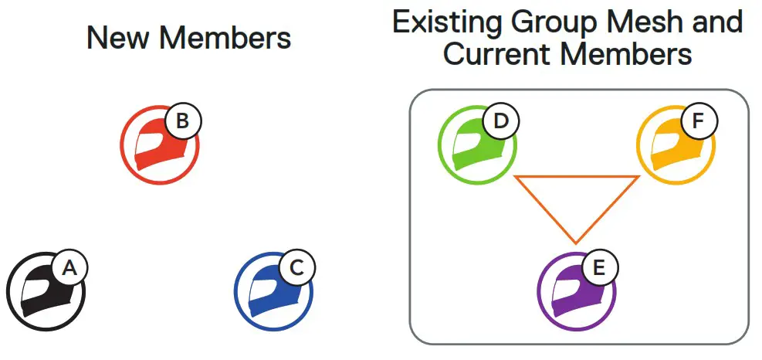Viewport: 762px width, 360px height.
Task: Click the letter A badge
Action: point(69,268)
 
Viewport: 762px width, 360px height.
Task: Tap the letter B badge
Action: point(182,121)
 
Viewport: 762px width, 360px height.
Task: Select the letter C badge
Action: point(296,268)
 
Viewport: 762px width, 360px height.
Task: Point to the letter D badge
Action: point(500,121)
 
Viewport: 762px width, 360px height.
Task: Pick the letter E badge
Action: point(599,268)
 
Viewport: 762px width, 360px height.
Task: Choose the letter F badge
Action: point(698,121)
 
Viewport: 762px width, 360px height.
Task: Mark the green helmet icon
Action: point(474,146)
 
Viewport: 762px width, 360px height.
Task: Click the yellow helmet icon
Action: point(672,146)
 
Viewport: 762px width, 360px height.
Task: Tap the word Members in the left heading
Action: point(223,38)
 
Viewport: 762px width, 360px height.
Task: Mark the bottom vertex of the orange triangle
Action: point(576,243)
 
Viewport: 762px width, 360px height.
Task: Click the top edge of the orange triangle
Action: point(576,177)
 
